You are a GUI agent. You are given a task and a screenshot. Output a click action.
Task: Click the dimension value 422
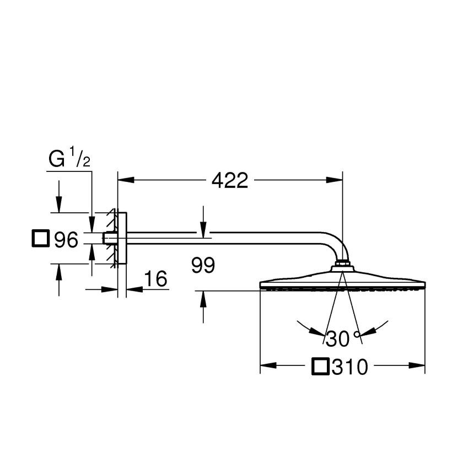(x=230, y=180)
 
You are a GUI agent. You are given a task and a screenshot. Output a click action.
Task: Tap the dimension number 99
(x=203, y=266)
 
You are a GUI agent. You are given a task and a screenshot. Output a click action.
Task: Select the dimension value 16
(x=155, y=279)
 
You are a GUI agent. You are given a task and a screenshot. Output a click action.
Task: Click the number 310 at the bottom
(x=349, y=367)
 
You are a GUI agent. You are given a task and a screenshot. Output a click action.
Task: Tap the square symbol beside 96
(x=40, y=239)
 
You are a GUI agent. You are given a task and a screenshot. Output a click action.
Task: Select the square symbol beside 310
(x=321, y=367)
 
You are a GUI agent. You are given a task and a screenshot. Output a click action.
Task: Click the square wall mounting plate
(x=122, y=238)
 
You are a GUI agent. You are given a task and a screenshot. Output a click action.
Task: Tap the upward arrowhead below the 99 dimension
(x=203, y=298)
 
